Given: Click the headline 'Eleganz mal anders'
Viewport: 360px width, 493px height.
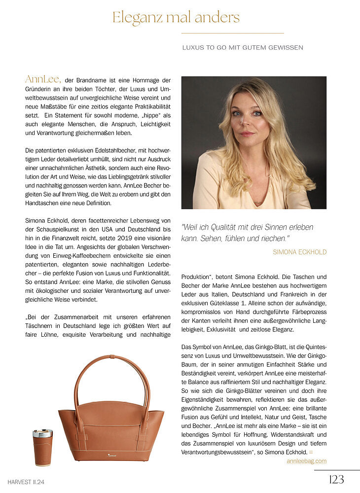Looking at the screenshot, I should pos(176,18).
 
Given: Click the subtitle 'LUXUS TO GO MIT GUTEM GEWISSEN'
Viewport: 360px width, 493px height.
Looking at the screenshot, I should pos(243,47).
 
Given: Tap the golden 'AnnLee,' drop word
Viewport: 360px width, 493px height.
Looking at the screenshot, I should pos(43,79).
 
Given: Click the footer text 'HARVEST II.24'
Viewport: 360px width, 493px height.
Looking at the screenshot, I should pos(29,481).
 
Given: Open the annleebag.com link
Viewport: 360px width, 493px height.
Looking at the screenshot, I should pos(306,461).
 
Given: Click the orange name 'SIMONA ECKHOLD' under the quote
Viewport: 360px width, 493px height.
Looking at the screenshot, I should pos(299,252).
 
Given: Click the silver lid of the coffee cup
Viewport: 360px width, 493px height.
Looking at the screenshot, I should pos(42,433).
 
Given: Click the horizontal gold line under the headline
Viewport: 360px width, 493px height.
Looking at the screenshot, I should pos(232,33).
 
